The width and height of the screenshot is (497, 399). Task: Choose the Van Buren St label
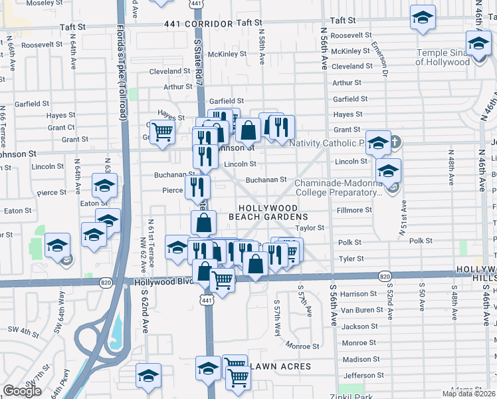pos(359,310)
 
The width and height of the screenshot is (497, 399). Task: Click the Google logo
pos(22,391)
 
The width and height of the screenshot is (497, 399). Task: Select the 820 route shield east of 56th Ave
pos(385,275)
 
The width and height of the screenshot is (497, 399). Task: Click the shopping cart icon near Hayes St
pos(161,131)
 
